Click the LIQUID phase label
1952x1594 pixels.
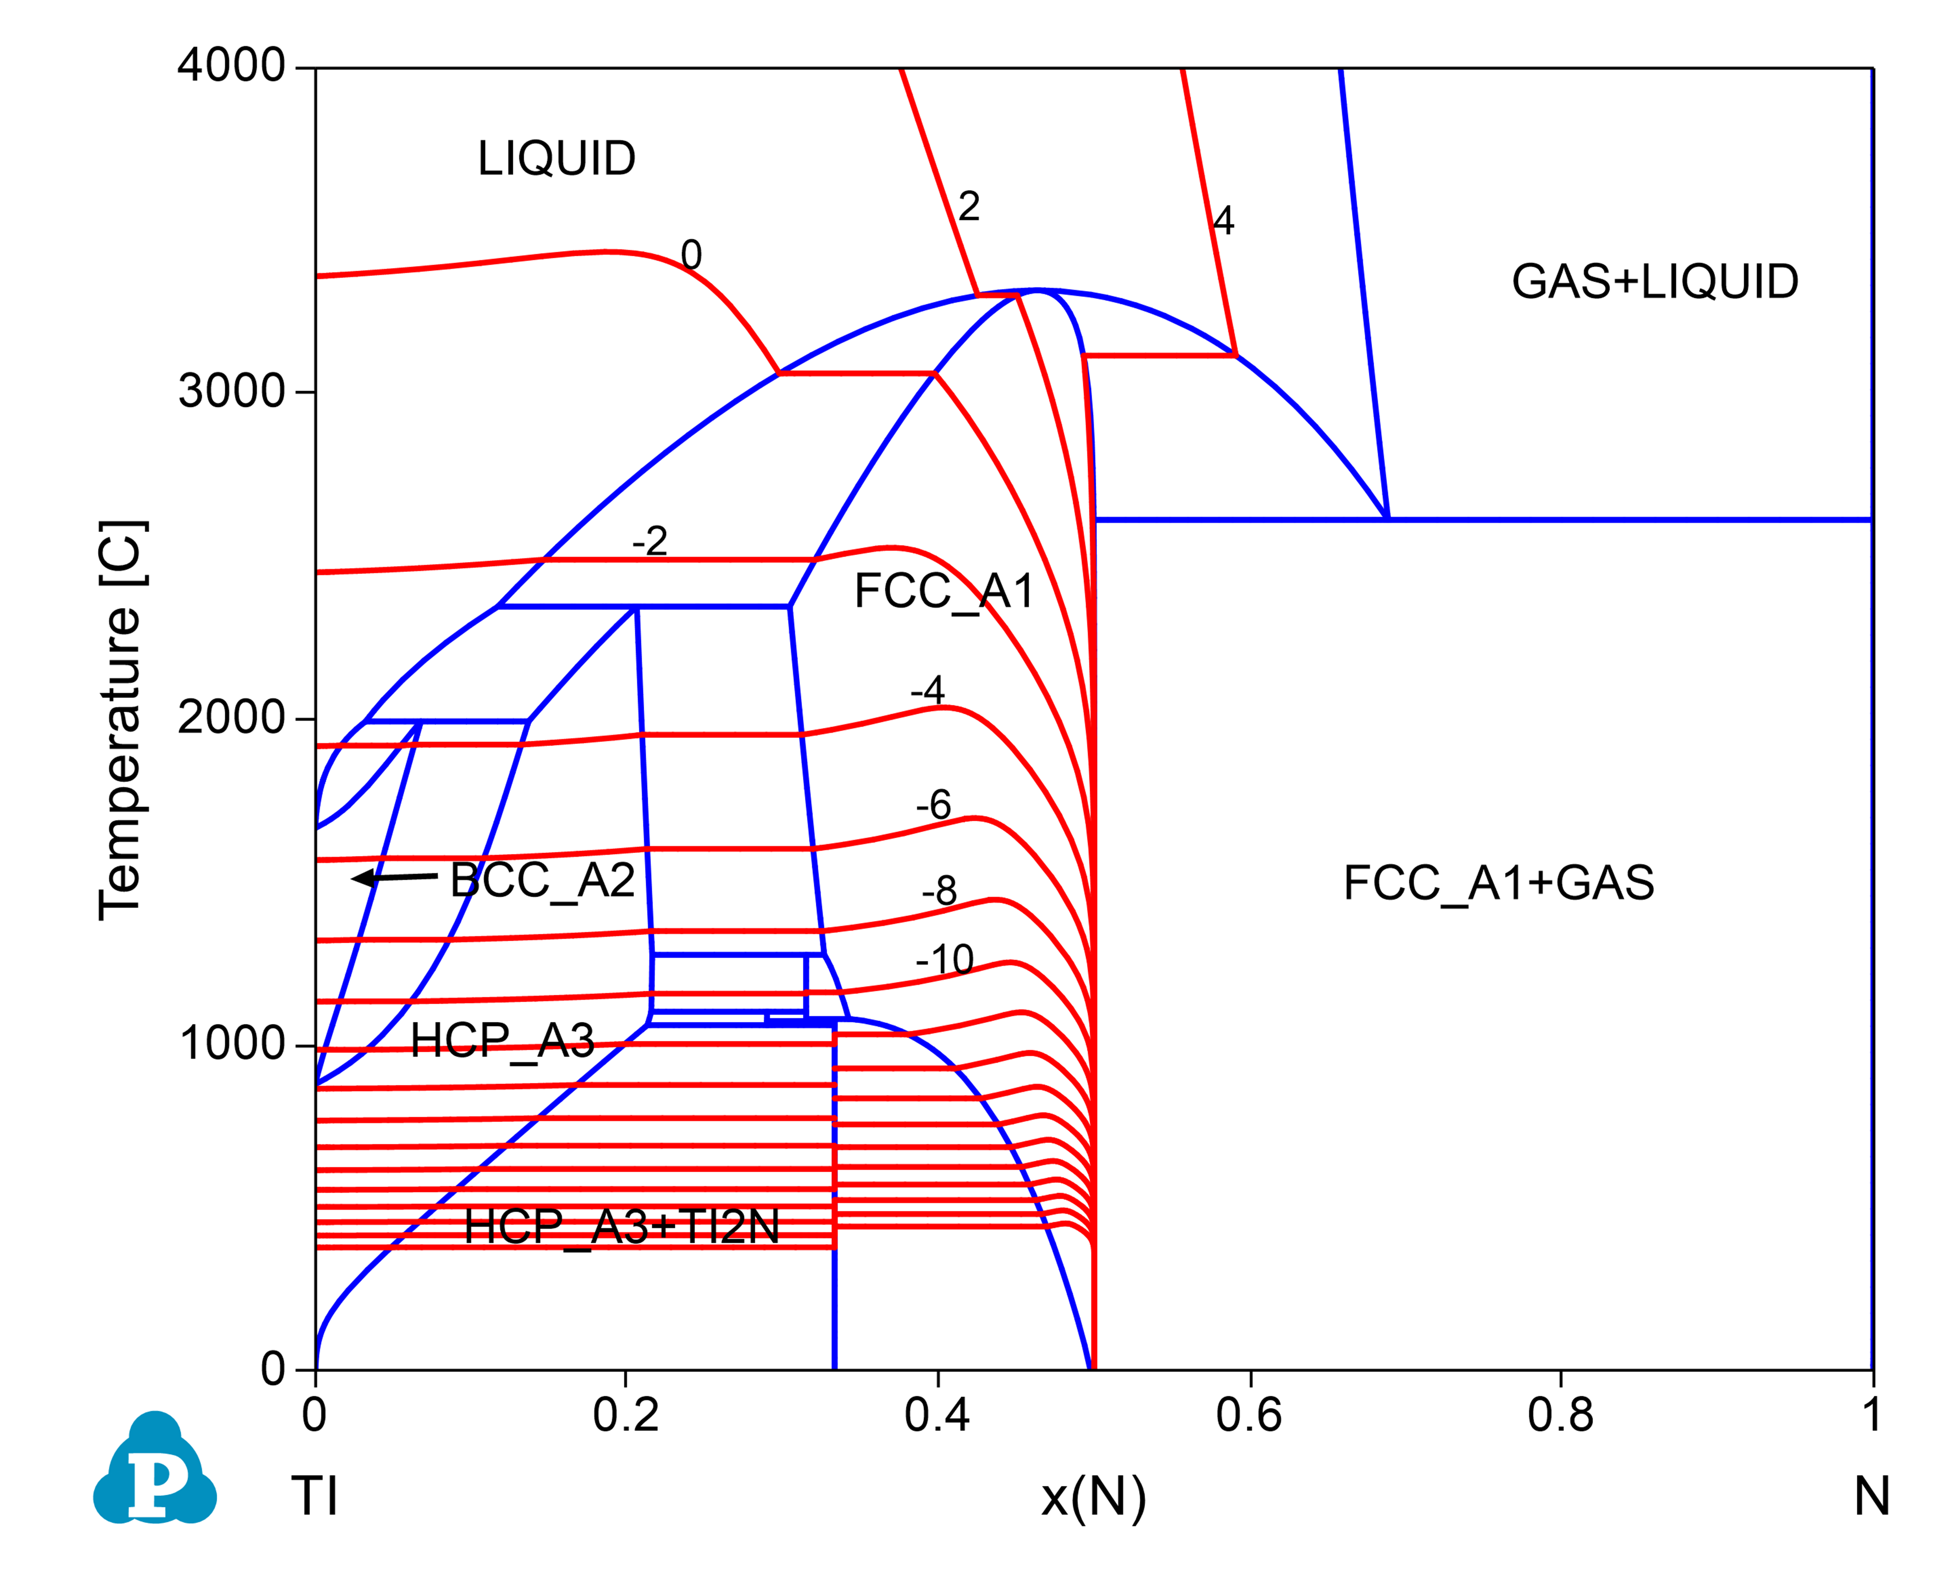point(556,159)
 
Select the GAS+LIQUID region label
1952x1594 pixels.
point(1654,282)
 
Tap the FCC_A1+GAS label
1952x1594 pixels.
point(1498,883)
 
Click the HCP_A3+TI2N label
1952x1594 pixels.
point(622,1227)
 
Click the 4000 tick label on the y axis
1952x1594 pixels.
point(232,66)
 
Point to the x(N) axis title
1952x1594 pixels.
point(1093,1497)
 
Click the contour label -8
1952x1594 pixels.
point(939,891)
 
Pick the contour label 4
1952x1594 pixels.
point(1222,221)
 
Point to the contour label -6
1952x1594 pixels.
point(933,805)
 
